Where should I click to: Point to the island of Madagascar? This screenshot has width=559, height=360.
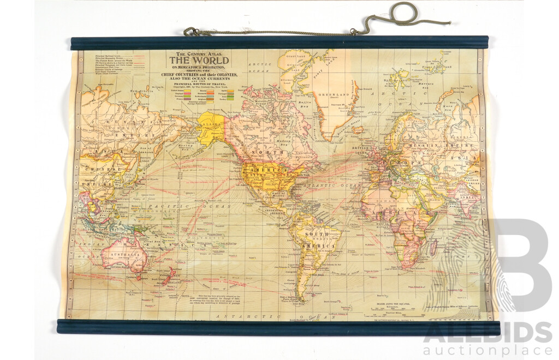[x=435, y=248]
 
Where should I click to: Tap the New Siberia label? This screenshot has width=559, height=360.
[x=131, y=91]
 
